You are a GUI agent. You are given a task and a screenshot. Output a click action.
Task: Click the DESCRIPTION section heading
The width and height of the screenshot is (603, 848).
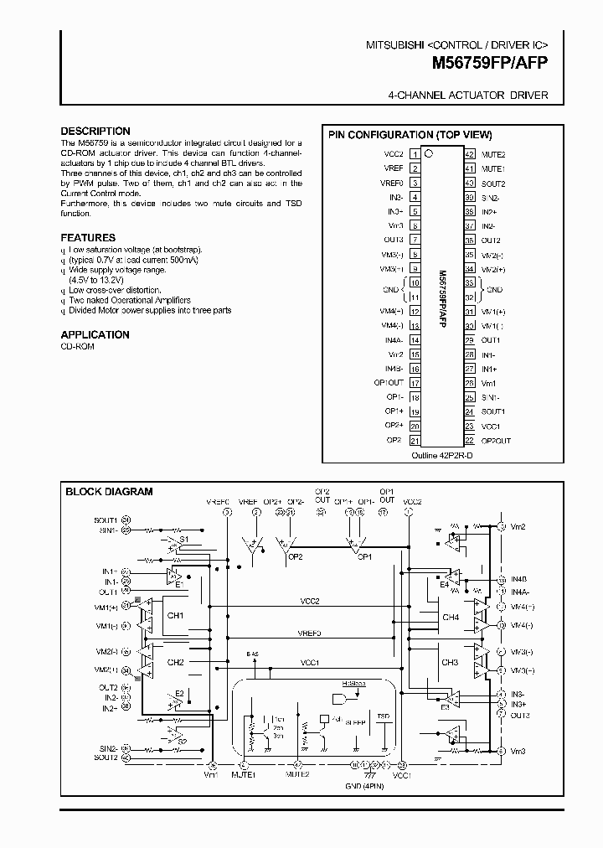[95, 131]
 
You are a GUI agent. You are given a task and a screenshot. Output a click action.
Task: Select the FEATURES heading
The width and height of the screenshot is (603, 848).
[88, 238]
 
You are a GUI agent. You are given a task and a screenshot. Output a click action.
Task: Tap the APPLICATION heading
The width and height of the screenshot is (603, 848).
[95, 334]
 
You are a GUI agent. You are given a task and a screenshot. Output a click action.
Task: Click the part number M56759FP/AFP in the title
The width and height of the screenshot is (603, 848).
[490, 62]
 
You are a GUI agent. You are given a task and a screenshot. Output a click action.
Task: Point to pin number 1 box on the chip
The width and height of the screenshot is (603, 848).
[415, 154]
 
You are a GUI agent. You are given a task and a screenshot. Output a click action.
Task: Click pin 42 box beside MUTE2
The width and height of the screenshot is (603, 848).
[470, 154]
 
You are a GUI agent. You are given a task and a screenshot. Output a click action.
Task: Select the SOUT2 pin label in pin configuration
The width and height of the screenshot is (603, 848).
[492, 183]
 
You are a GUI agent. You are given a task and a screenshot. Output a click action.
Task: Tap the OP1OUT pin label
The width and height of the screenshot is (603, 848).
[389, 382]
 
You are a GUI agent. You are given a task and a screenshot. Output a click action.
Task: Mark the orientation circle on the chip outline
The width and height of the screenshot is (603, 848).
[429, 153]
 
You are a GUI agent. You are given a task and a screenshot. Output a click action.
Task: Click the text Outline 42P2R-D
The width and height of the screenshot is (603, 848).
[441, 455]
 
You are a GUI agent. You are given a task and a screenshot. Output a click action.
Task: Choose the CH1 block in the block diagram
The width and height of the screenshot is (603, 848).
[176, 615]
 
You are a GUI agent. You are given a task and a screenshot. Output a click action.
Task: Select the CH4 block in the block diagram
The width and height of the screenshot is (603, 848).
[451, 618]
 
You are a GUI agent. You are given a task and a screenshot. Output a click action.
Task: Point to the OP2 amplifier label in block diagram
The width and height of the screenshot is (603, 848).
[294, 556]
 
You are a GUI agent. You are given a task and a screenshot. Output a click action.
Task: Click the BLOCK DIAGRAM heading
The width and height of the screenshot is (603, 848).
[109, 492]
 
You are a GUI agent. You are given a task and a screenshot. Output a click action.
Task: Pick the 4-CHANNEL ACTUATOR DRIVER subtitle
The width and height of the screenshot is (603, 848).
[468, 96]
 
